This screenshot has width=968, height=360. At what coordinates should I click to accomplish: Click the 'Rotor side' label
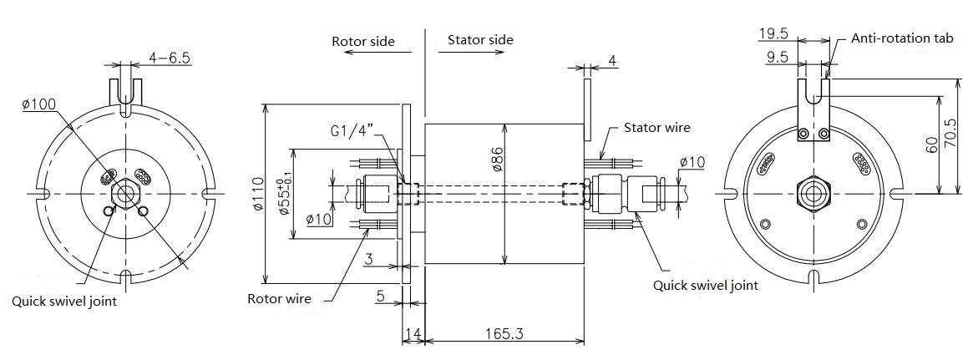click(x=363, y=41)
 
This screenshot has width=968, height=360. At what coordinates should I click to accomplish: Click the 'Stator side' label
click(x=480, y=40)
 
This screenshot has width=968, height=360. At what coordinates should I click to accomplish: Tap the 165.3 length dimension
click(x=503, y=334)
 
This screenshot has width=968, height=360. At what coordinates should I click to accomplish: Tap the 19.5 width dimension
click(x=773, y=34)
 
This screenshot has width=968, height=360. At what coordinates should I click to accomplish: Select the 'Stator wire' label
click(x=657, y=128)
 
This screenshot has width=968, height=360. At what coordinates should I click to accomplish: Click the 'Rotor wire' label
click(x=279, y=298)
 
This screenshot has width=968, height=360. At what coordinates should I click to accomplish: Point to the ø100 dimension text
click(x=38, y=104)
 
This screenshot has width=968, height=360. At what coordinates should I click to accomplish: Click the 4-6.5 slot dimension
click(x=170, y=58)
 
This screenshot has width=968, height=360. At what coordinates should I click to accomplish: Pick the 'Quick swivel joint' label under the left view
click(x=64, y=302)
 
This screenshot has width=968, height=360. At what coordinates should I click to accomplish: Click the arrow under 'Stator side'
click(x=476, y=53)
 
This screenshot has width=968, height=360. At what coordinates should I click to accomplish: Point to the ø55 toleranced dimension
click(x=284, y=195)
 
